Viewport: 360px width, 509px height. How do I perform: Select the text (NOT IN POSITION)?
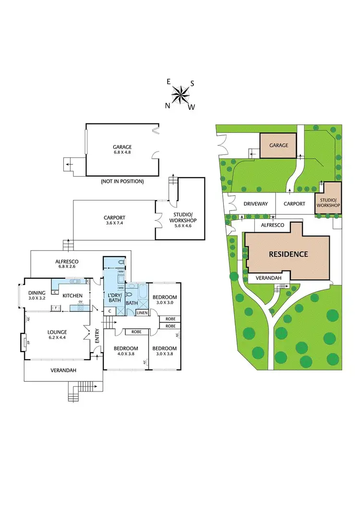[122, 181]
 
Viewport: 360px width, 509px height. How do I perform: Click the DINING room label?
[36, 295]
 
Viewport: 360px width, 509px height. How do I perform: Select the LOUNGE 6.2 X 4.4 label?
[57, 334]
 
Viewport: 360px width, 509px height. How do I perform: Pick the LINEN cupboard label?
[142, 313]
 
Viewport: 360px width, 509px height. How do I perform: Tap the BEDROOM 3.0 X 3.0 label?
[165, 300]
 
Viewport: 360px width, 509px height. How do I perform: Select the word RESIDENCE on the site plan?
[288, 254]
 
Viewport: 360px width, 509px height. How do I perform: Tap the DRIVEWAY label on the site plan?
[255, 204]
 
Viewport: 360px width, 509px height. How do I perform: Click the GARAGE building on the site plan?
[279, 145]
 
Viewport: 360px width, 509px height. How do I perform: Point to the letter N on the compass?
[168, 106]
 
